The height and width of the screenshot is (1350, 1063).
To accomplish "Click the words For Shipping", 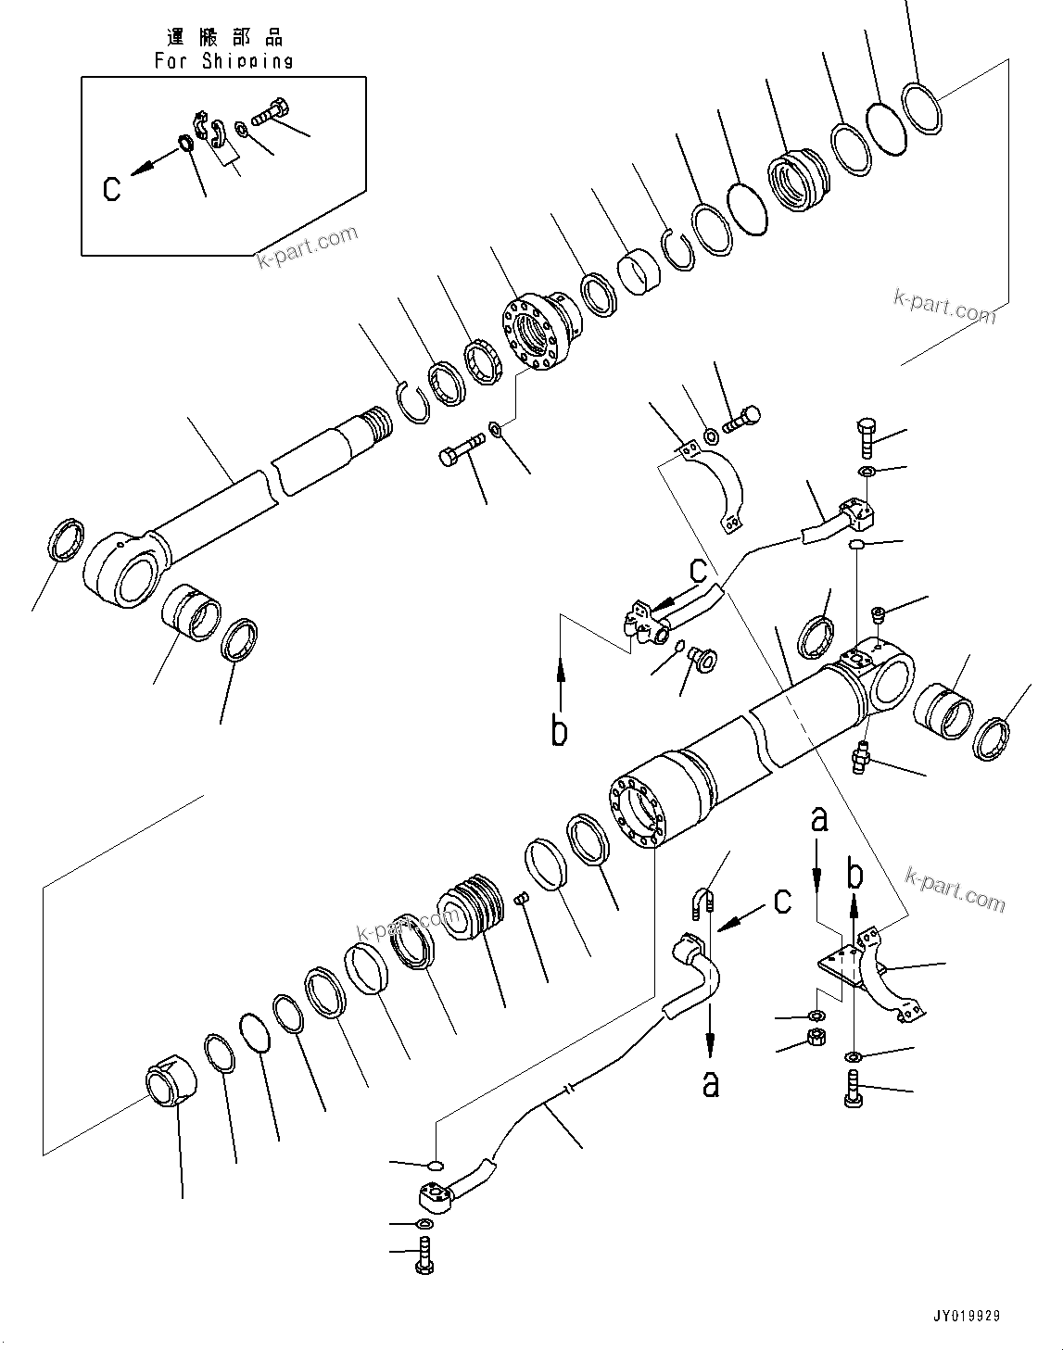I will (223, 61).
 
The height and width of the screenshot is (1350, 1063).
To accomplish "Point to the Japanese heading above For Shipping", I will (223, 37).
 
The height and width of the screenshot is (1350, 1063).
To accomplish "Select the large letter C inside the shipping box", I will (112, 189).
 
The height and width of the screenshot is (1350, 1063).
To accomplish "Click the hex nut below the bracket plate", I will (816, 1037).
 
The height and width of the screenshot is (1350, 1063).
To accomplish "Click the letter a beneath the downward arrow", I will (711, 1082).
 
